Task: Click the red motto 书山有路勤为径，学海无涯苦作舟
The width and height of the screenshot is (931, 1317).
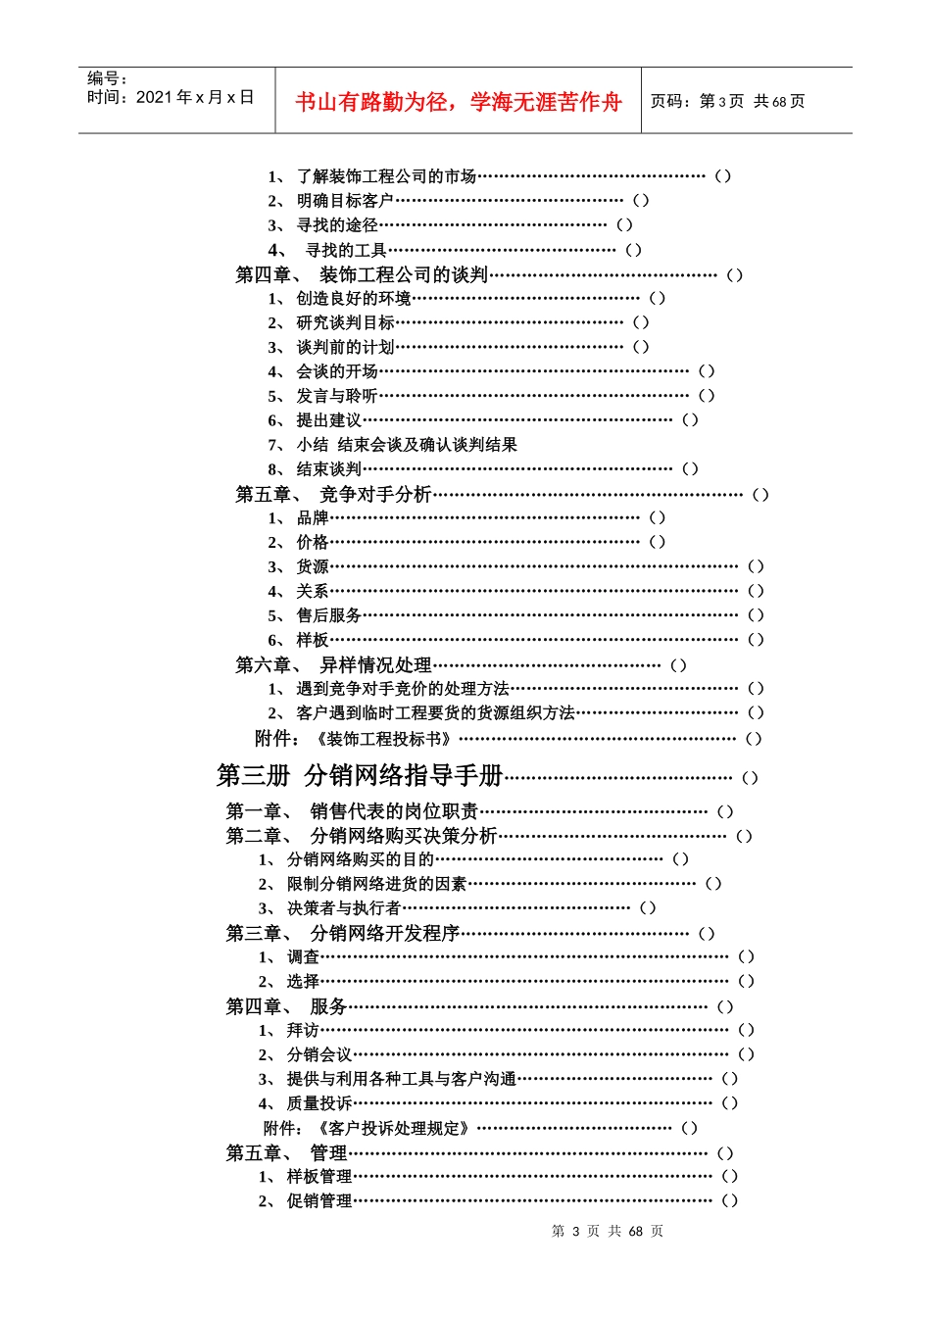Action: point(458,102)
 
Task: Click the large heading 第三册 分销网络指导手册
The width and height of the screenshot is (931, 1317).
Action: point(360,776)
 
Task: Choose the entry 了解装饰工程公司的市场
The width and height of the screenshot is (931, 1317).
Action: point(386,176)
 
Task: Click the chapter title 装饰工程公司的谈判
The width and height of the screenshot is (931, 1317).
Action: point(403,274)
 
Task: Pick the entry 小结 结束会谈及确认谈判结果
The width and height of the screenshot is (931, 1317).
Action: point(407,445)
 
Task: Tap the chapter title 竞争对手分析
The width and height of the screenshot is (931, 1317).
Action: point(375,495)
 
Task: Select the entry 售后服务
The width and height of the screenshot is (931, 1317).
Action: point(328,615)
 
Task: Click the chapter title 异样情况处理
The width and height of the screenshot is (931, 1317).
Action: point(375,665)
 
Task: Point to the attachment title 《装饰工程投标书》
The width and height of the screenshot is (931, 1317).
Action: point(383,739)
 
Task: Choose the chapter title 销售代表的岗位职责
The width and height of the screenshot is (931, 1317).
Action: point(394,811)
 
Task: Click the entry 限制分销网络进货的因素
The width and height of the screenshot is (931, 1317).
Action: point(376,884)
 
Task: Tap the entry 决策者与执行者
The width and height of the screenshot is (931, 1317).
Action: point(343,908)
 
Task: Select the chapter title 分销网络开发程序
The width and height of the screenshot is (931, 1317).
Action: point(384,934)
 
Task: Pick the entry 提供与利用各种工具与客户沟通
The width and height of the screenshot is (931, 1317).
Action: point(401,1079)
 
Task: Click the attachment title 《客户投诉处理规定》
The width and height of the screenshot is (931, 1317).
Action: point(392,1128)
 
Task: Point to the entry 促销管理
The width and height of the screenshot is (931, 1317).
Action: point(318,1201)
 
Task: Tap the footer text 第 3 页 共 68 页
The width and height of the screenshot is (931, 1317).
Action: point(608,1232)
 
